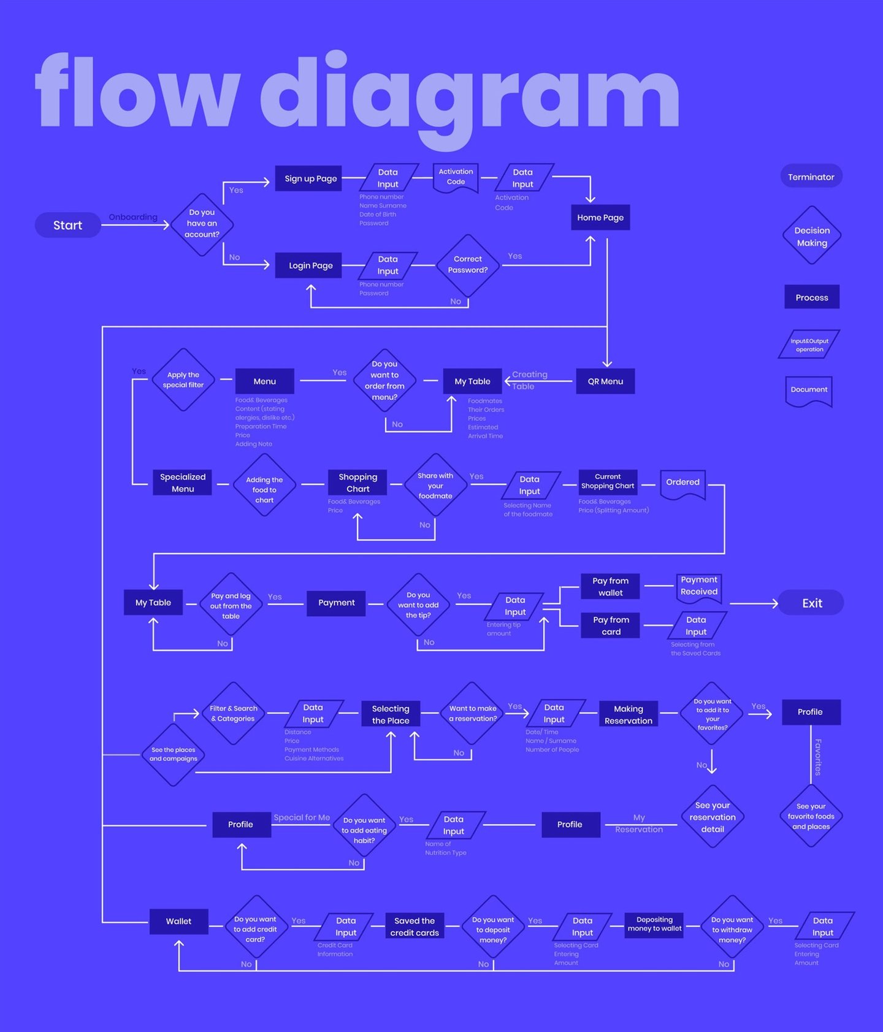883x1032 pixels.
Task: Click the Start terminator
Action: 67,225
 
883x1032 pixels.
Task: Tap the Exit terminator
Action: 811,603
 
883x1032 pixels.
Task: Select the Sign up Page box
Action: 310,178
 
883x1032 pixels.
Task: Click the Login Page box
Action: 310,266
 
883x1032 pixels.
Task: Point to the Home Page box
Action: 600,218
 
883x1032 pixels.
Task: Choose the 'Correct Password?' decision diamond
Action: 468,265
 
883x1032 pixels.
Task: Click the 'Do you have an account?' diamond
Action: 202,224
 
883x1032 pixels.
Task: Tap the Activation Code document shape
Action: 456,178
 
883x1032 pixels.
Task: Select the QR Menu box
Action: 605,381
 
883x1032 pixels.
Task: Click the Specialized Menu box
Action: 183,483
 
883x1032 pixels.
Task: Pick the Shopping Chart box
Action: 357,483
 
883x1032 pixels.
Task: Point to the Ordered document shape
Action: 682,483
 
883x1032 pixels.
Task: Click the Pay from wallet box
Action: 610,587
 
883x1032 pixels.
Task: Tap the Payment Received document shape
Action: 698,587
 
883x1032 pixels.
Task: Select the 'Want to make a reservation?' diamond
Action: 472,713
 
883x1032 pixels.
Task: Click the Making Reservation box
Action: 629,714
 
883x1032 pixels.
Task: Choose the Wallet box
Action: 178,921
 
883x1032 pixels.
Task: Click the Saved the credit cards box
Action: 415,927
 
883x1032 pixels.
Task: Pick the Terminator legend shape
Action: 811,177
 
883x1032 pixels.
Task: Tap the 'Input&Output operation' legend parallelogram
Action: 809,345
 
